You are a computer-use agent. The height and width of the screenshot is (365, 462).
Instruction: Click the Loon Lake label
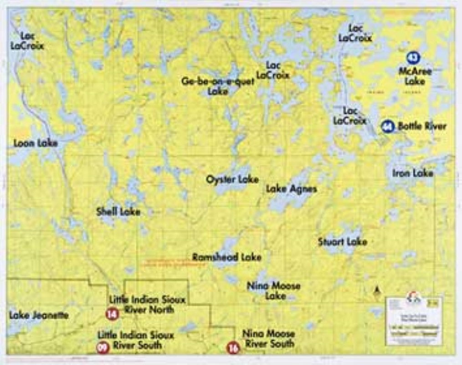(35, 143)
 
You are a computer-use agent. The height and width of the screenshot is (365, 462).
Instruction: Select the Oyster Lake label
(232, 179)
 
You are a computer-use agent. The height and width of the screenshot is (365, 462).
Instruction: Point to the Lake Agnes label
(291, 188)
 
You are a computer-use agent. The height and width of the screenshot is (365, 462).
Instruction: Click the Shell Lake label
(118, 212)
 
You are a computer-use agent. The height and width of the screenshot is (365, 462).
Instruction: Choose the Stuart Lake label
(342, 241)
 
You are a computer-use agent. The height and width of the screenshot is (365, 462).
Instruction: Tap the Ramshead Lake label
(226, 257)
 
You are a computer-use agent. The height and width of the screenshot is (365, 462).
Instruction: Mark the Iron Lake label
(413, 173)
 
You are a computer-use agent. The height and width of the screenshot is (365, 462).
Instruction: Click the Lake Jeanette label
(39, 315)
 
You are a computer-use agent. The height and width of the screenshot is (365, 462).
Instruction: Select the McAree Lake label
(415, 76)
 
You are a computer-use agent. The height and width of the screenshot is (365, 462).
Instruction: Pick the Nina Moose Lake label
(273, 291)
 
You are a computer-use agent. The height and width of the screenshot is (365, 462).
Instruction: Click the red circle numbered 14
(112, 314)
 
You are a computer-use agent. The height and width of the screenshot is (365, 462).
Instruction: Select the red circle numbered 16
(233, 348)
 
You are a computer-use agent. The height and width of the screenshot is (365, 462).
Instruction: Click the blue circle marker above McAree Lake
(413, 57)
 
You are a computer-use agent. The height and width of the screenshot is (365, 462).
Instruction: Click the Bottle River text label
(422, 126)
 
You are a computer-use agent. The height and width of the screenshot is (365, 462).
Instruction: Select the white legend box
(413, 320)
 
